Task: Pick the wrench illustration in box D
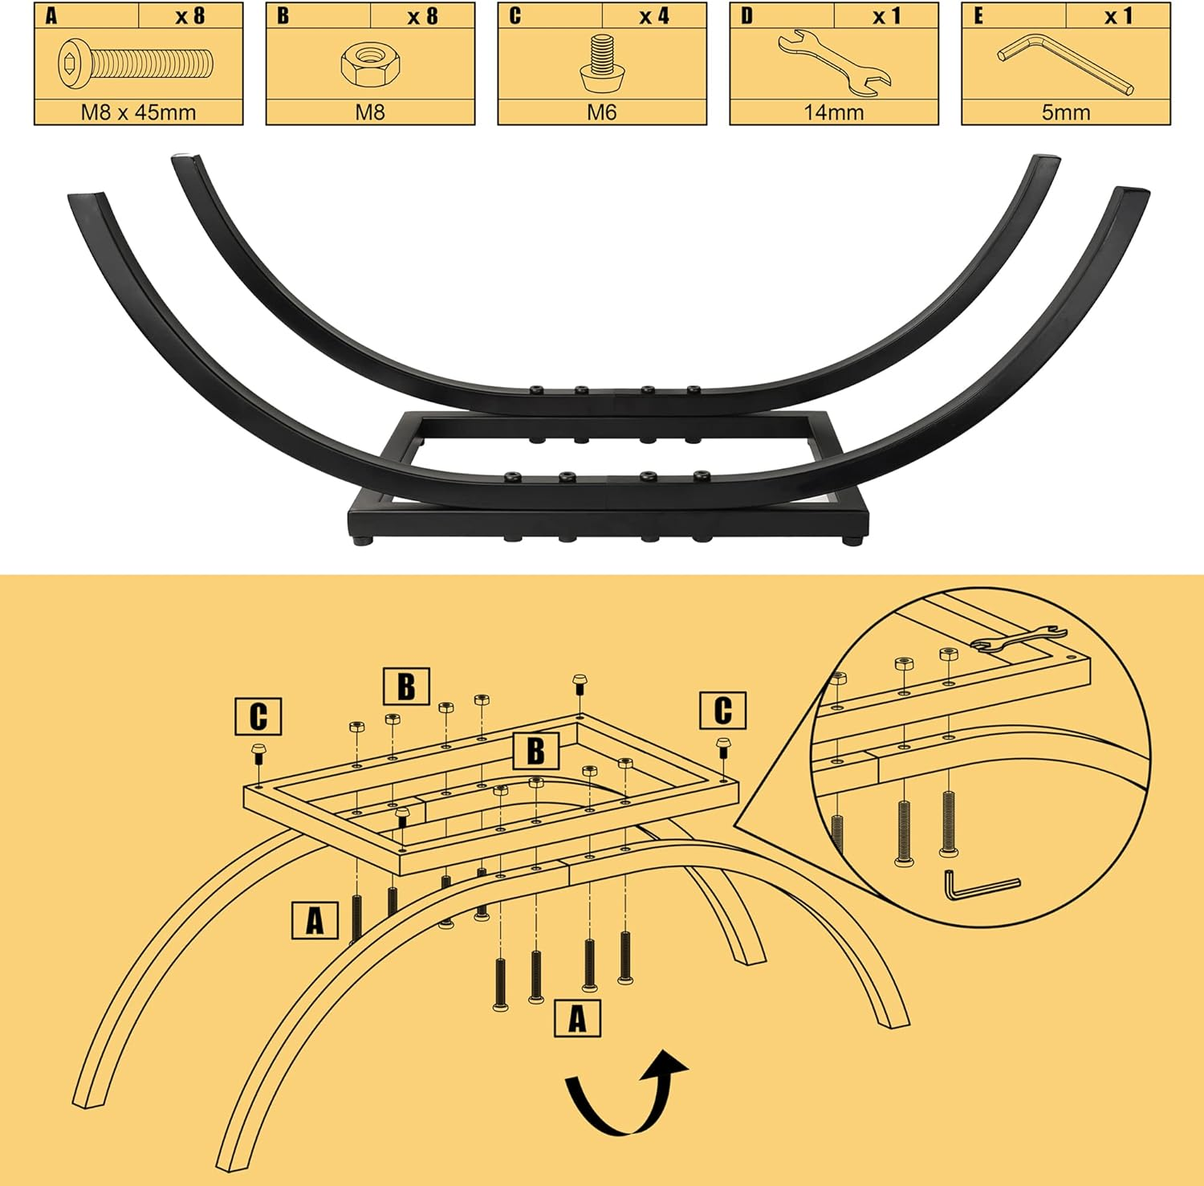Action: (834, 63)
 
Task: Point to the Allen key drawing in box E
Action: (1065, 63)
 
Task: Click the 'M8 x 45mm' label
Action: (138, 112)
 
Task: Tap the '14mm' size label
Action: (834, 112)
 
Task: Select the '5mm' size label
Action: (1066, 112)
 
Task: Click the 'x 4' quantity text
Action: (654, 16)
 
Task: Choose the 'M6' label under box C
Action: (601, 112)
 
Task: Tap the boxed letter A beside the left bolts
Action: (315, 920)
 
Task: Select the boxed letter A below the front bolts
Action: (578, 1019)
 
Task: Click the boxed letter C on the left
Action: (258, 716)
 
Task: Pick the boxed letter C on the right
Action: (722, 711)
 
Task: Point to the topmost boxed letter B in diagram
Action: (406, 687)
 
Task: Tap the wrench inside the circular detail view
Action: (1019, 635)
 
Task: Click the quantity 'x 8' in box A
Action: (190, 16)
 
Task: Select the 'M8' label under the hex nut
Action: (370, 112)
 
